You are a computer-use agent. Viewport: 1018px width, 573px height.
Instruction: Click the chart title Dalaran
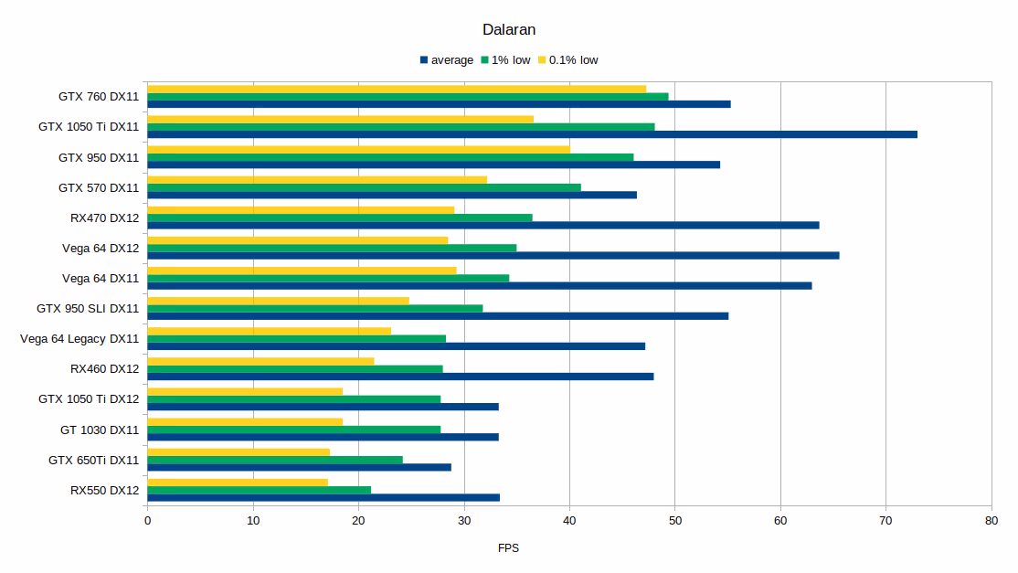click(509, 29)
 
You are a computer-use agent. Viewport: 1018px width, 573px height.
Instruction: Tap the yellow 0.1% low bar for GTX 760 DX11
click(397, 89)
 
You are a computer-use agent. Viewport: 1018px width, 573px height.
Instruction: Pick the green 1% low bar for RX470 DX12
click(340, 218)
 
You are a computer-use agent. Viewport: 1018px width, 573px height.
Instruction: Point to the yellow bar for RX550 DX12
click(238, 483)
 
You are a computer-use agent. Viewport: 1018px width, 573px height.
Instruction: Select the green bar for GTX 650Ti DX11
click(275, 460)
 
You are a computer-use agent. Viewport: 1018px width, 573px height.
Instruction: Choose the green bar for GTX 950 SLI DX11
click(315, 308)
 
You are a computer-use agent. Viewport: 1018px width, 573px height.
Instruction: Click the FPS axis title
click(509, 548)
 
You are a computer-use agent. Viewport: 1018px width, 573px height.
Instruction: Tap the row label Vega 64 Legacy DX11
click(80, 339)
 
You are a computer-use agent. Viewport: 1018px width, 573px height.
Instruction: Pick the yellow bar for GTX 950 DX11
click(358, 149)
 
